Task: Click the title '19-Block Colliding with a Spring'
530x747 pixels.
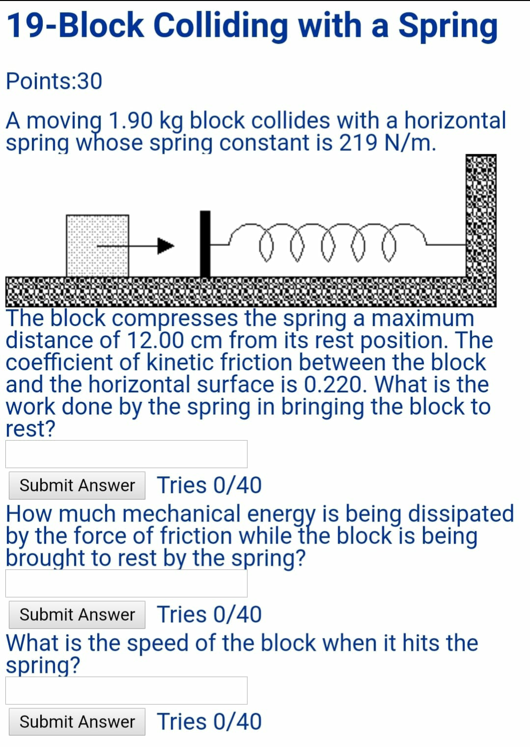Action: [x=252, y=26]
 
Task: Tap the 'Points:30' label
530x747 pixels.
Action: [x=54, y=81]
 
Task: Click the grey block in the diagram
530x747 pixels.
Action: [x=97, y=245]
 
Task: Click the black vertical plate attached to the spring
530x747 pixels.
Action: [x=205, y=244]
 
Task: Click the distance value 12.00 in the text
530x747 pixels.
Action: [x=155, y=340]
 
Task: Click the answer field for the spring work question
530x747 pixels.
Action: [x=127, y=454]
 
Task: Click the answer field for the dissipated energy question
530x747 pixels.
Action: [x=127, y=583]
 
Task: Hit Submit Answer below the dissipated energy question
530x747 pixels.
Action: [x=77, y=615]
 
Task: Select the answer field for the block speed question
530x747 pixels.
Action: [x=127, y=691]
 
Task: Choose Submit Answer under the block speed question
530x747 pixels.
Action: [x=77, y=722]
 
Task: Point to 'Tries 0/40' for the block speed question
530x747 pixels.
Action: [x=209, y=722]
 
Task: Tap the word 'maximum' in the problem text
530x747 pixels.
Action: [x=423, y=318]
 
